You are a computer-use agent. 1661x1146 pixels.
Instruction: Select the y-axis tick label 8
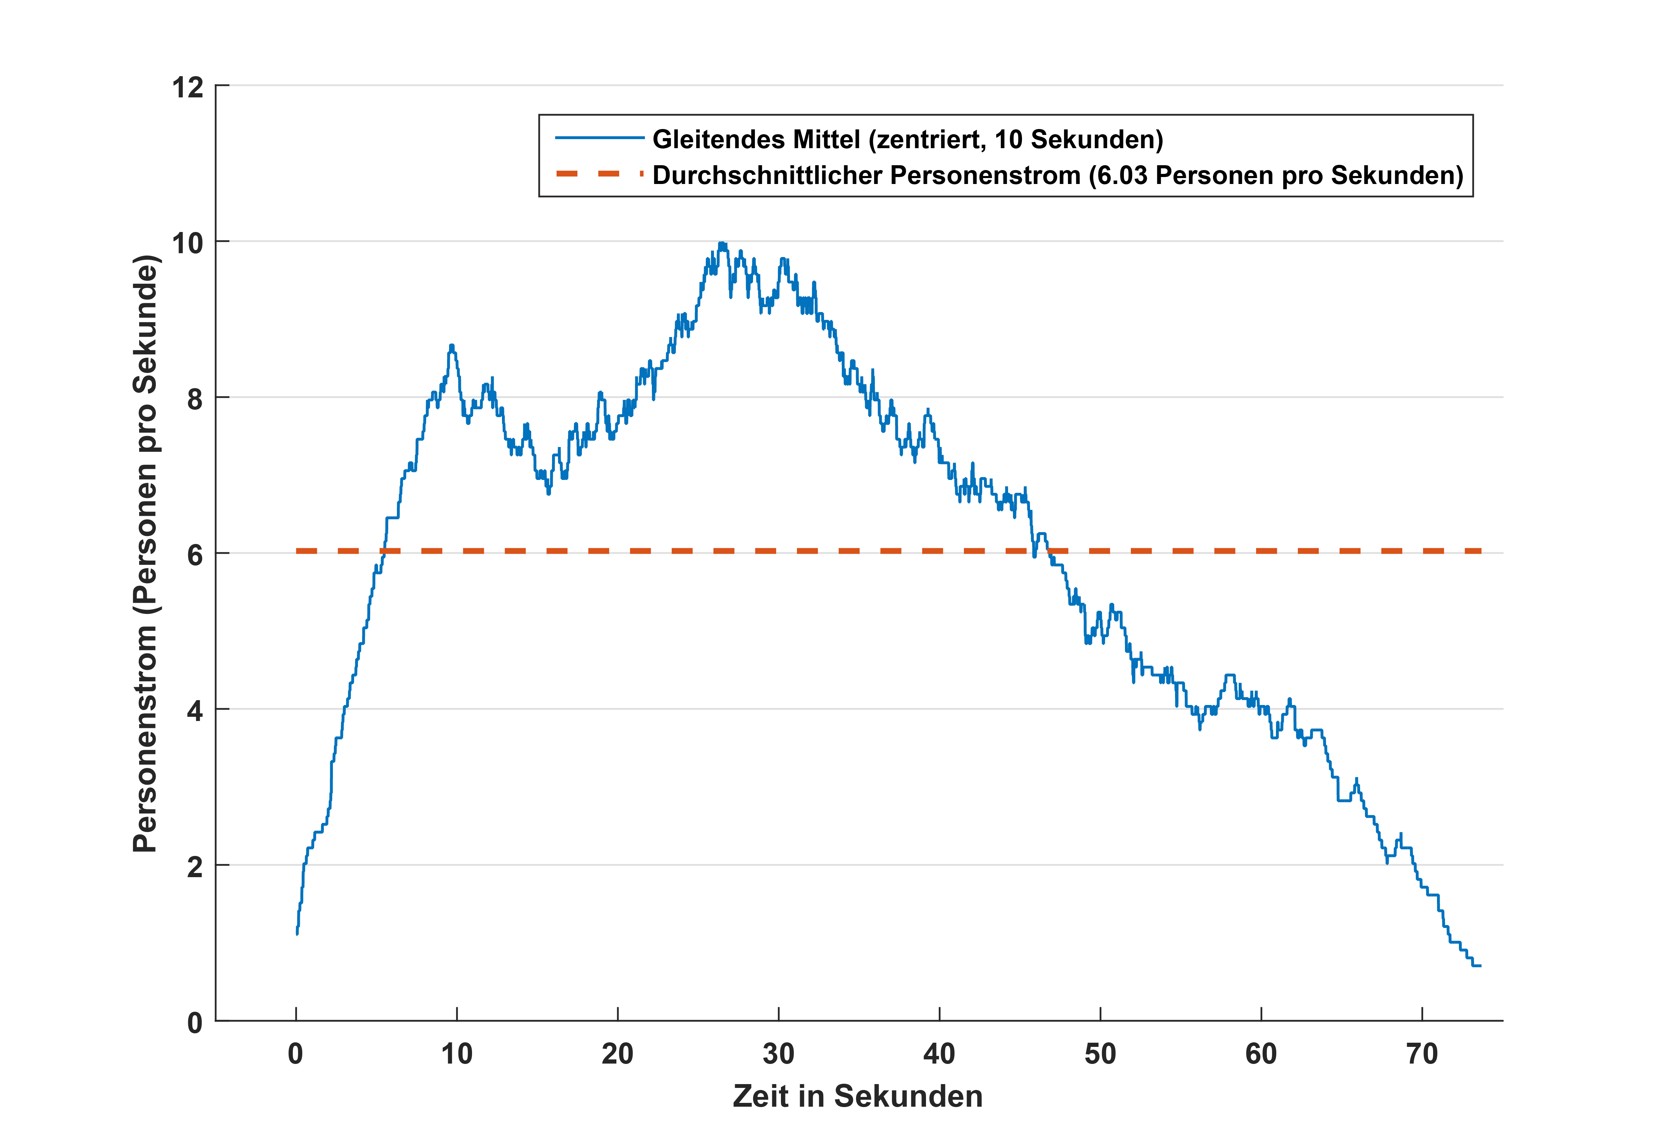194,399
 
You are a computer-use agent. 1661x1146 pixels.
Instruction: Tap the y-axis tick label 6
194,555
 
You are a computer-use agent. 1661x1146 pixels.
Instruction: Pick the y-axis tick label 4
194,711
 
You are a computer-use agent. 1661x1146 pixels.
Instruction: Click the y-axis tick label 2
194,867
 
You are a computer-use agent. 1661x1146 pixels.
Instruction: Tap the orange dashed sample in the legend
600,174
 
